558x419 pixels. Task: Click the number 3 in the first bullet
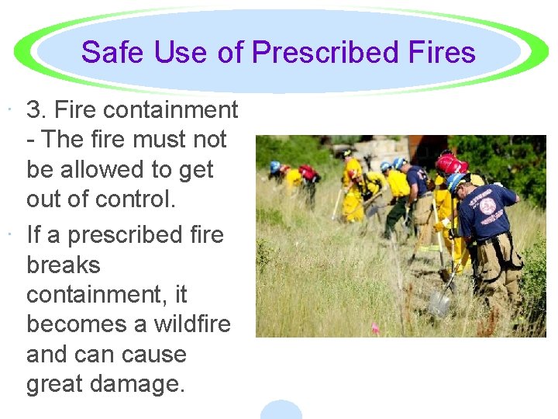[x=34, y=110]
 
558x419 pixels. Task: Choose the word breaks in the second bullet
[x=64, y=265]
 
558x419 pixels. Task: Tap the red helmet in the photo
[x=450, y=163]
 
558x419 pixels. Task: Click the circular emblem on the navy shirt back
[x=487, y=206]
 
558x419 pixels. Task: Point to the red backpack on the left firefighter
[x=307, y=171]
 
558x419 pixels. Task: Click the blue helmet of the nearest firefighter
[x=456, y=181]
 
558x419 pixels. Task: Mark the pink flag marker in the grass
[x=375, y=327]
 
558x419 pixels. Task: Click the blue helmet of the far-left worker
[x=274, y=166]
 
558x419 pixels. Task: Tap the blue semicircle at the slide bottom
[x=281, y=409]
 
